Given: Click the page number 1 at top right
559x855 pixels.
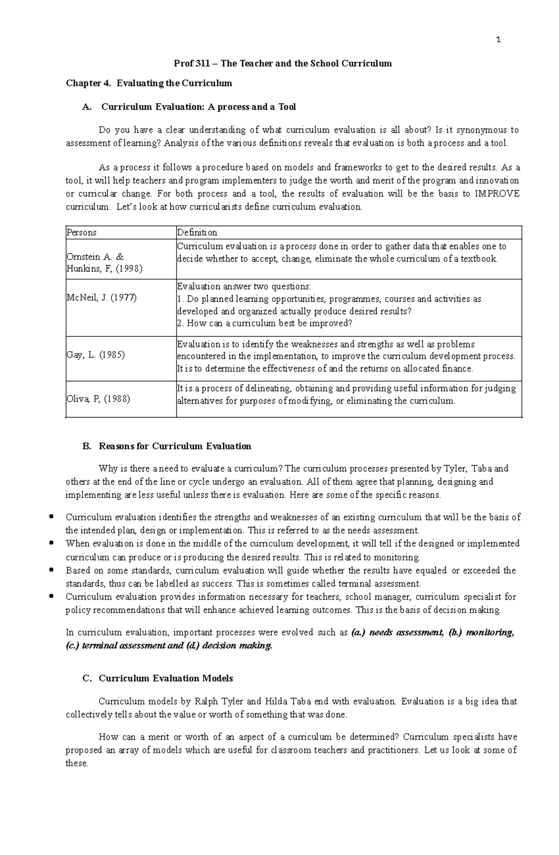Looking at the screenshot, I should (x=498, y=40).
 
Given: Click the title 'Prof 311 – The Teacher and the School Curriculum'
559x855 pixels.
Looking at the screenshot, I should (x=283, y=63).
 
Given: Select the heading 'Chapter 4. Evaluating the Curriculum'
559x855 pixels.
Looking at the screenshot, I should (x=149, y=83).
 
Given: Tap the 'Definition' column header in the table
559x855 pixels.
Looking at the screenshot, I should (x=197, y=233).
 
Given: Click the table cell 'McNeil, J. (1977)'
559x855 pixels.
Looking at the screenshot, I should (x=102, y=297).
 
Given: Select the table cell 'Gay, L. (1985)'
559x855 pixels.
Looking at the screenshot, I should (x=95, y=355).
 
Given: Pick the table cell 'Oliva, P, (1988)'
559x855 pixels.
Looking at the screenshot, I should (x=98, y=399).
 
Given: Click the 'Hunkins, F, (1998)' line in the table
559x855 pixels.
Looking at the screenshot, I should (x=104, y=268).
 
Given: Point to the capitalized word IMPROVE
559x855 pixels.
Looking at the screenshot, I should (x=497, y=194).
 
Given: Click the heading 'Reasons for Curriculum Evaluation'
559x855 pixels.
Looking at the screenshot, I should (x=175, y=446).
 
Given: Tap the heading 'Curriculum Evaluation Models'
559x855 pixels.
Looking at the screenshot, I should (x=166, y=678).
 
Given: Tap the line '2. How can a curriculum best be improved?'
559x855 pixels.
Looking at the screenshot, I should (x=265, y=323).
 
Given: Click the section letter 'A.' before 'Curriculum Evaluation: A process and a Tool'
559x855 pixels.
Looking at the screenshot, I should (x=87, y=107).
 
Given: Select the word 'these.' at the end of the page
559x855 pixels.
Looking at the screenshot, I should (x=77, y=763).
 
